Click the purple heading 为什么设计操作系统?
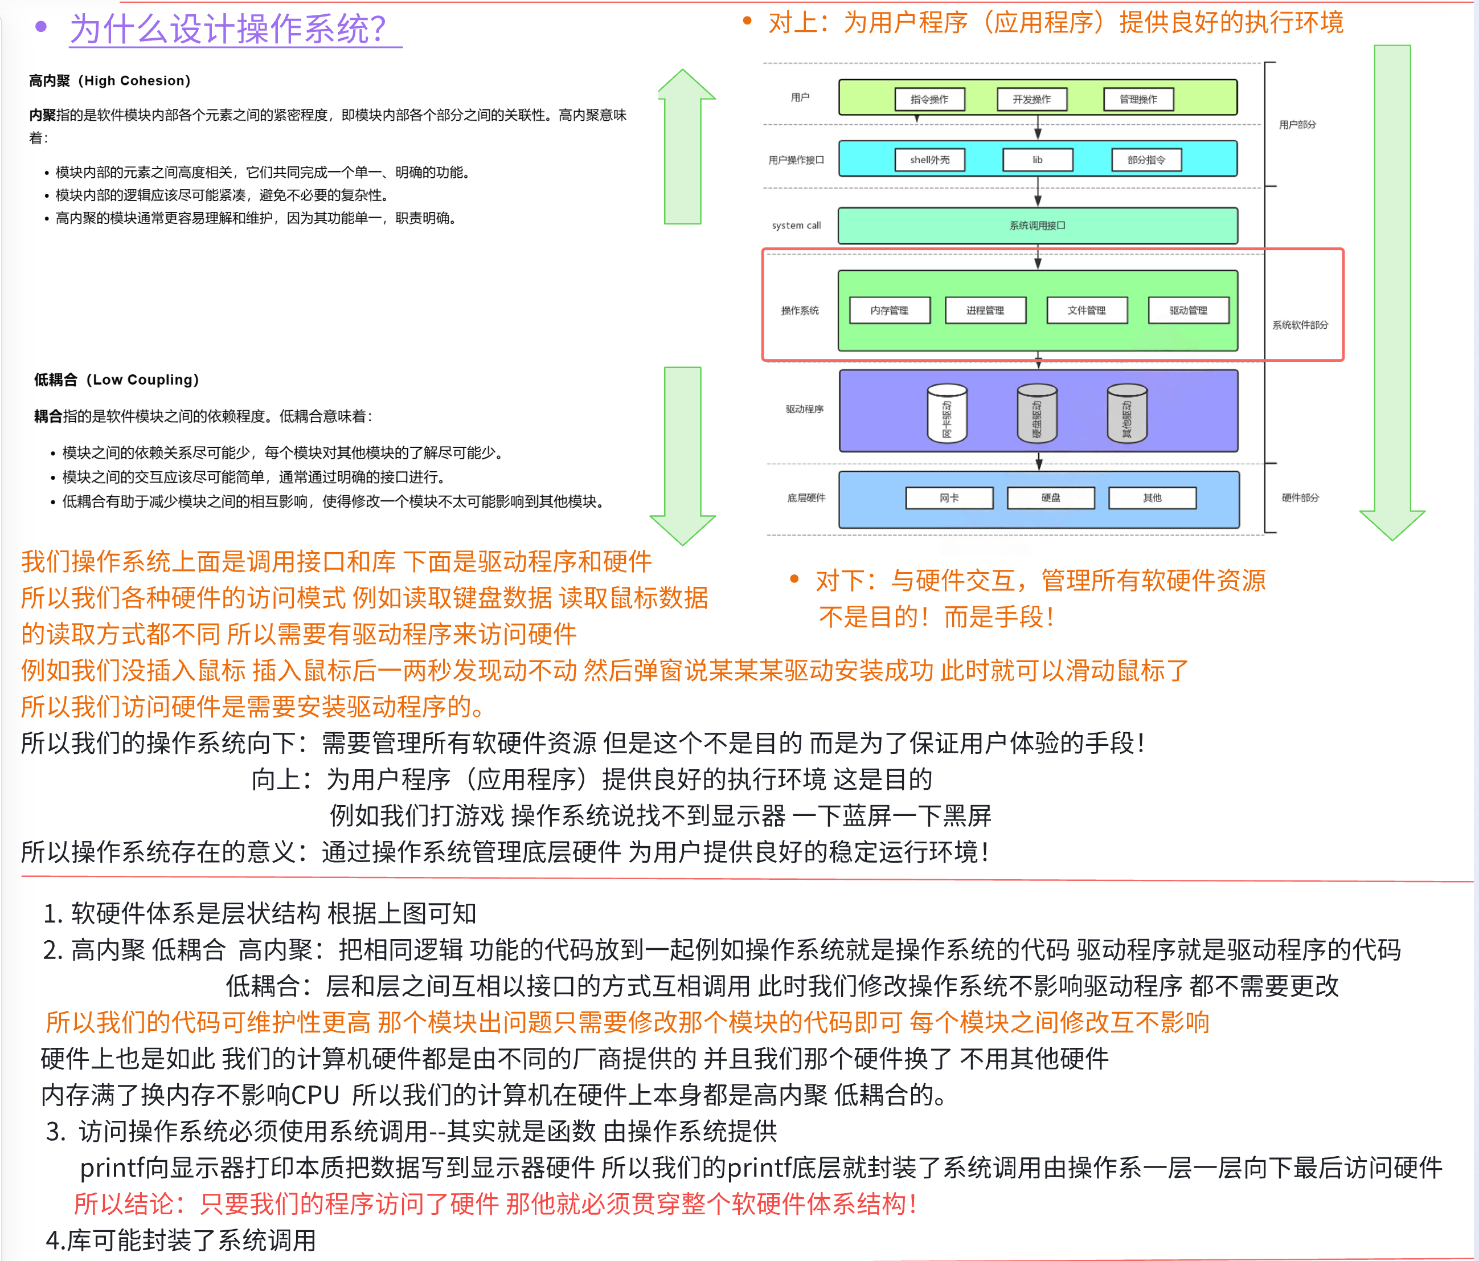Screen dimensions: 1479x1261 [x=228, y=30]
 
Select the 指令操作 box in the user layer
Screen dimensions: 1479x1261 [x=929, y=99]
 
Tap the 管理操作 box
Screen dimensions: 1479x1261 [x=1138, y=99]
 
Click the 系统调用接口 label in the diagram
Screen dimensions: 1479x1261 [x=1037, y=226]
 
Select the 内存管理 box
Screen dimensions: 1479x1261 [x=890, y=311]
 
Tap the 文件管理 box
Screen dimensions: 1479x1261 [x=1087, y=311]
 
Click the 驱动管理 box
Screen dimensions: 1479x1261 [x=1189, y=311]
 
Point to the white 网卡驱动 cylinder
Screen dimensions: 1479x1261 [x=947, y=414]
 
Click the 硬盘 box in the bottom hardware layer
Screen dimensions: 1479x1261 [x=1051, y=497]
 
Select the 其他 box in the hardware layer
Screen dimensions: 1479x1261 [x=1152, y=497]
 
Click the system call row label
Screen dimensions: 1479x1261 [x=796, y=226]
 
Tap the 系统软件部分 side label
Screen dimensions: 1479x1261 [x=1300, y=325]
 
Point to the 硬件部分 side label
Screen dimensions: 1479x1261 [x=1300, y=497]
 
